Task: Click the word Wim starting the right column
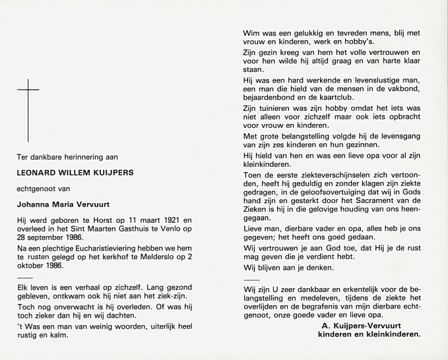click(251, 33)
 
